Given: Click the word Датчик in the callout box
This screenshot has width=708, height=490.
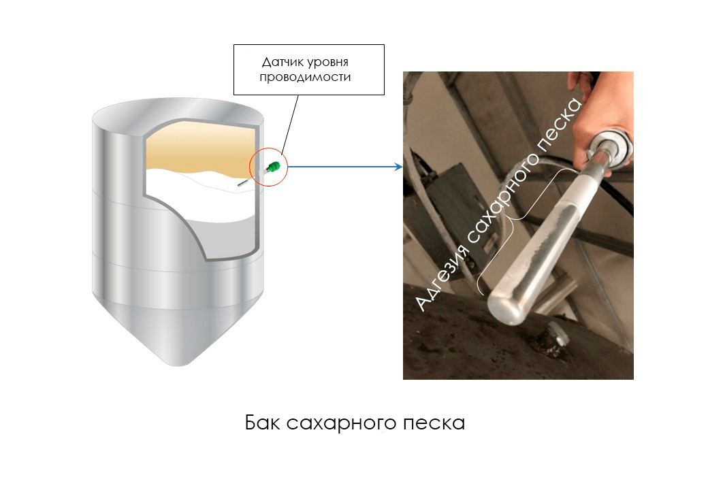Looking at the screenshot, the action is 283,62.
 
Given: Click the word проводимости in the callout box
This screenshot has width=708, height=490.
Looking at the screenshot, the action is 305,77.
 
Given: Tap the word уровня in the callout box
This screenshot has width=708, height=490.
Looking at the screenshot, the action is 328,63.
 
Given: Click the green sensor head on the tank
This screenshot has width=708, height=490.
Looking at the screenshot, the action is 273,167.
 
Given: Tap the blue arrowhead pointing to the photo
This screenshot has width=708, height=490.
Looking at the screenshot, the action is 399,167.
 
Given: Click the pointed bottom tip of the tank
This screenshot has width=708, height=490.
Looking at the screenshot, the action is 178,365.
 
